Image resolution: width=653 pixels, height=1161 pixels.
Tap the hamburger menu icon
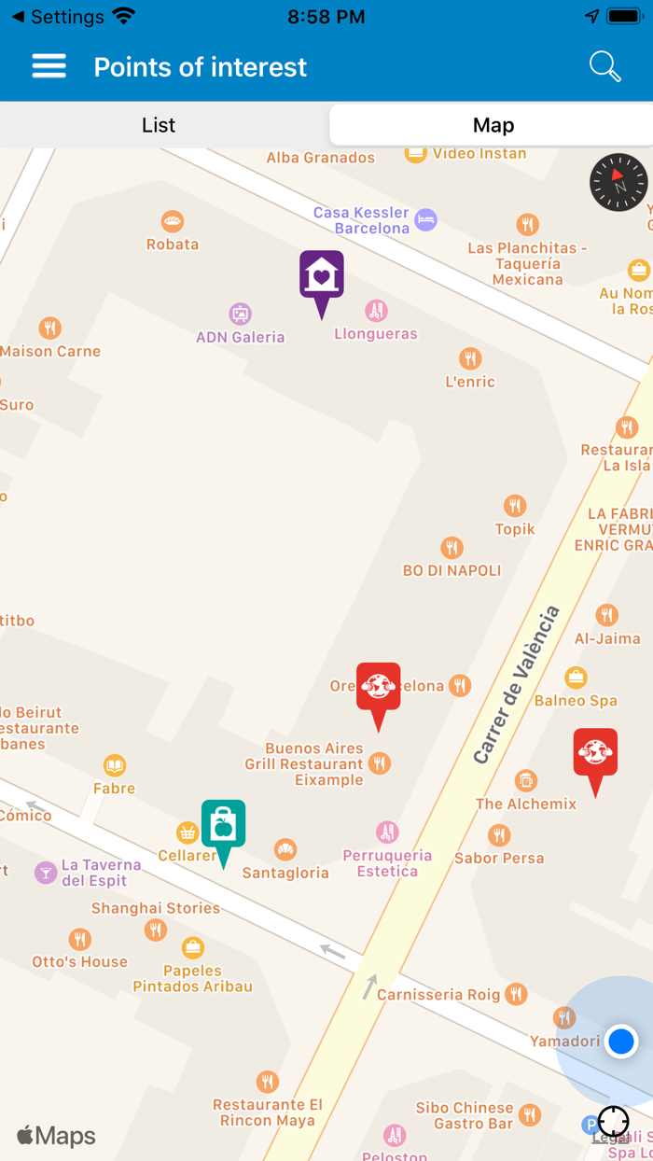point(49,66)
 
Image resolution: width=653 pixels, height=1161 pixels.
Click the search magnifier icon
point(604,66)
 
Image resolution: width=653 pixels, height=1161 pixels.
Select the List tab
point(159,125)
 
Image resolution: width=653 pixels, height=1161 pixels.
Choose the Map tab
point(493,125)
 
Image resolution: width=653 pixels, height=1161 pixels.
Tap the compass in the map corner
point(618,182)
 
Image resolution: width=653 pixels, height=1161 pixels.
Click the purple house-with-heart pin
point(322,277)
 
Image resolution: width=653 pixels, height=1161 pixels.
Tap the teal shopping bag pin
point(224,826)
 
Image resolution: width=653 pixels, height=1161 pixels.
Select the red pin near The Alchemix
point(595,754)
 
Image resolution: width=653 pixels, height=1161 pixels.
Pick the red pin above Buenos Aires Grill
point(378,689)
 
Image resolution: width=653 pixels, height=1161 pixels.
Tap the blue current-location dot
point(620,1041)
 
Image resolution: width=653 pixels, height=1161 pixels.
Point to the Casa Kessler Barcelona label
point(361,220)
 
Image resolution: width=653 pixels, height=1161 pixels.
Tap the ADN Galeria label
point(240,337)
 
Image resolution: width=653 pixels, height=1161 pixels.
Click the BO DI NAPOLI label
point(452,570)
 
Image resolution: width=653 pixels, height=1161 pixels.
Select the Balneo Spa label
point(576,700)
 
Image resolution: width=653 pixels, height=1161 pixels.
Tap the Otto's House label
point(80,961)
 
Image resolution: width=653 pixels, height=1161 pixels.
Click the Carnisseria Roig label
point(438,995)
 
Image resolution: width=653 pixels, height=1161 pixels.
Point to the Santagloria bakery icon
point(285,850)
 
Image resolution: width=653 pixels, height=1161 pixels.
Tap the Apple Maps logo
point(56,1136)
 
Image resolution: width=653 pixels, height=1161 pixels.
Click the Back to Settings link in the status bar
point(58,17)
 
